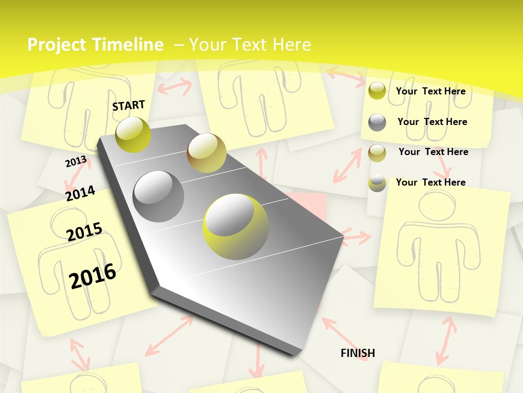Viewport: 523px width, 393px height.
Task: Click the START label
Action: pyautogui.click(x=129, y=105)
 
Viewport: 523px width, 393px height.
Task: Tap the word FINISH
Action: pyautogui.click(x=358, y=353)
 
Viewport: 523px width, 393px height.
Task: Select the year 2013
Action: pyautogui.click(x=76, y=162)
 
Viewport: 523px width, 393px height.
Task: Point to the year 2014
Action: pyautogui.click(x=80, y=193)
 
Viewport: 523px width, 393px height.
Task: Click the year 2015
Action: pyautogui.click(x=84, y=231)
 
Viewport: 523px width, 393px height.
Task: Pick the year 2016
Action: pyautogui.click(x=93, y=276)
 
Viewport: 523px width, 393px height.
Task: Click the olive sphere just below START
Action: pyautogui.click(x=133, y=134)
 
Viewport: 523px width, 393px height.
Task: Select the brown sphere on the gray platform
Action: pyautogui.click(x=206, y=153)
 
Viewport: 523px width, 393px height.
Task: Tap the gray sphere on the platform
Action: pyautogui.click(x=159, y=196)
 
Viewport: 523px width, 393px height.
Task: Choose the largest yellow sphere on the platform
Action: pyautogui.click(x=236, y=227)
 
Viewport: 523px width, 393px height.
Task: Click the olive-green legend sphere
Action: pyautogui.click(x=377, y=91)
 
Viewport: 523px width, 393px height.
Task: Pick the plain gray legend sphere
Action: pyautogui.click(x=377, y=122)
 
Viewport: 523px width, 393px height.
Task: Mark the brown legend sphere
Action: pyautogui.click(x=377, y=153)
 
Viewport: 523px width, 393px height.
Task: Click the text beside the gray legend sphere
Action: pyautogui.click(x=432, y=122)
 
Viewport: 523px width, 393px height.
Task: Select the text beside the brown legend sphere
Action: pyautogui.click(x=433, y=152)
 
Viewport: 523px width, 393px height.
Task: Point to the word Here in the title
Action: pyautogui.click(x=291, y=45)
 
